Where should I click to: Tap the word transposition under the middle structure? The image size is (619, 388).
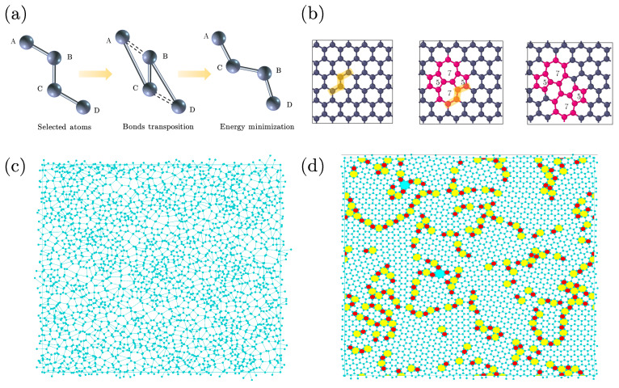[169, 127]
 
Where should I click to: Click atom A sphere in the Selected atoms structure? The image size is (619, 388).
[26, 41]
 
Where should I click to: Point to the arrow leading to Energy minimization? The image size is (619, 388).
[193, 74]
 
